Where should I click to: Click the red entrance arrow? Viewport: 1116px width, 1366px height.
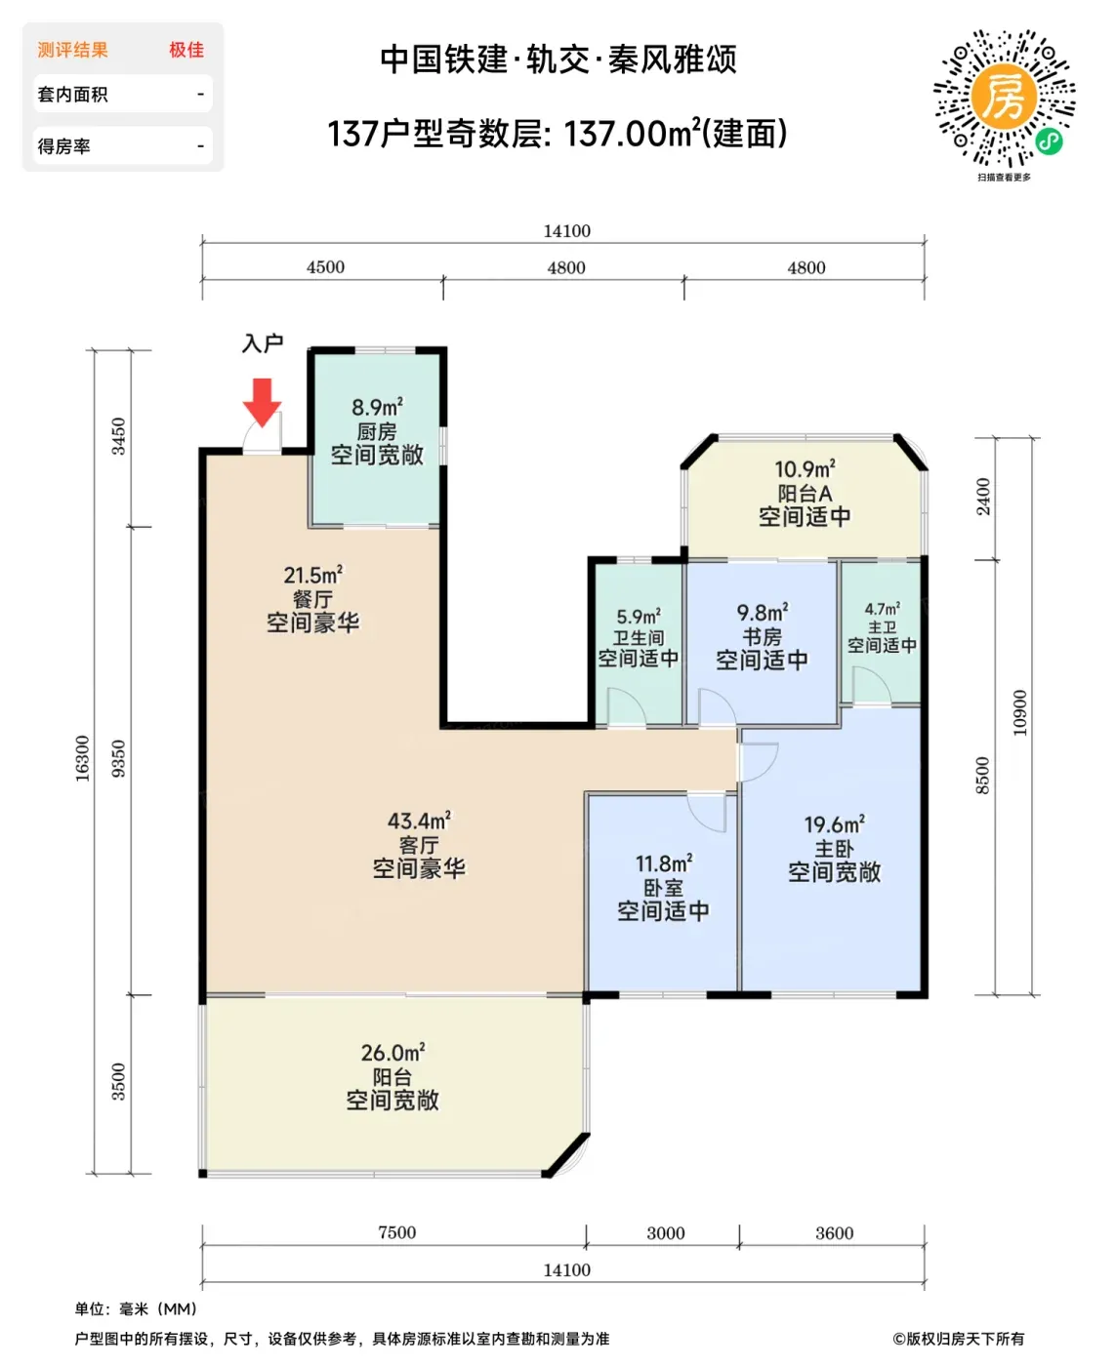(262, 402)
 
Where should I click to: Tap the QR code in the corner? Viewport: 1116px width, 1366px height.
(1004, 98)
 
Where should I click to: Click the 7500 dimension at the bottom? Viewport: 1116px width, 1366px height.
(396, 1232)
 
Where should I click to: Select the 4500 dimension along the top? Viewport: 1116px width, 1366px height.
(325, 266)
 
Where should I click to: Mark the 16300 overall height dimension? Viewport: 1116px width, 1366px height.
(82, 758)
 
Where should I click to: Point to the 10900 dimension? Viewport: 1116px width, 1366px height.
(1019, 713)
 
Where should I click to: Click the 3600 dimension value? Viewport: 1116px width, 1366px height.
(834, 1232)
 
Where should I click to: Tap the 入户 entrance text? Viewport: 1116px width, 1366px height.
(263, 342)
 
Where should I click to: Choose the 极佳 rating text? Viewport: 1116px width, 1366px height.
(186, 50)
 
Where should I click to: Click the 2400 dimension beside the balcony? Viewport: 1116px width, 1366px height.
(983, 496)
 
